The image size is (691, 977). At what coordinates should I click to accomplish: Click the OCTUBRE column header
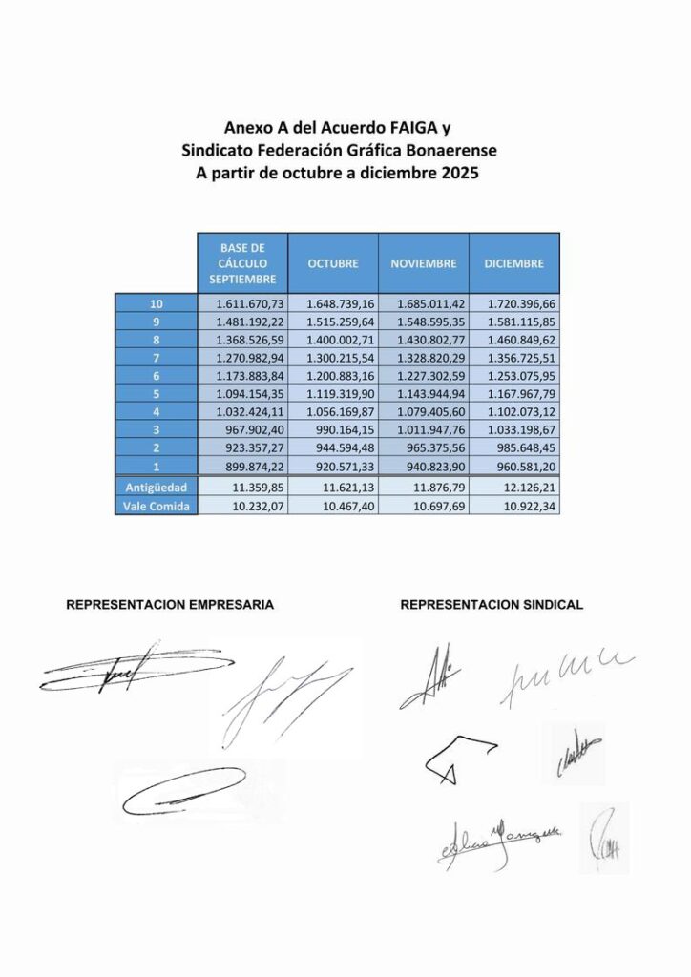[x=332, y=263]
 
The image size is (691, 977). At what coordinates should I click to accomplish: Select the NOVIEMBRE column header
[x=423, y=263]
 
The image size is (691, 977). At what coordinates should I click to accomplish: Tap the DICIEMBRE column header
[x=513, y=263]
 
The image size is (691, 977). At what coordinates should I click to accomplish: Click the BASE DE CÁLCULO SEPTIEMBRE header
[x=241, y=263]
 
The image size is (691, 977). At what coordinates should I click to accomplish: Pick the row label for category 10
[x=156, y=303]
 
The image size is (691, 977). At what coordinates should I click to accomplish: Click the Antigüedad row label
[x=156, y=488]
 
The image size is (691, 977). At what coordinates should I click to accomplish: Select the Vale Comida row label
[x=156, y=507]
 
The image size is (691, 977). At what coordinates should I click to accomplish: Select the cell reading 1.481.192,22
[x=244, y=322]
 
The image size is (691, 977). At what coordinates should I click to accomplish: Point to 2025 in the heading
[x=455, y=174]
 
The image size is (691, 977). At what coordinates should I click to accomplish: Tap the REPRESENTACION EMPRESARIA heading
[x=170, y=605]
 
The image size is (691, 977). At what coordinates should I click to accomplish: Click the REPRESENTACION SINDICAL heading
[x=492, y=605]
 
